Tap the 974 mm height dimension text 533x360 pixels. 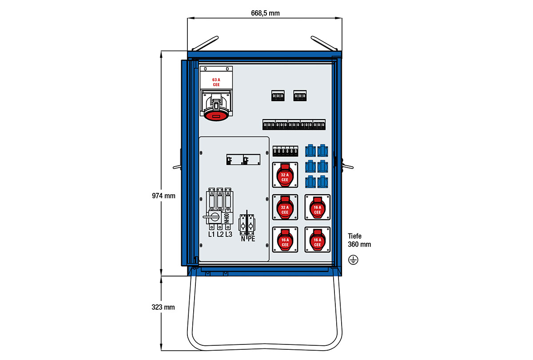163,196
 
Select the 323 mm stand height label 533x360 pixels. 163,307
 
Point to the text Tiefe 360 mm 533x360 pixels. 359,240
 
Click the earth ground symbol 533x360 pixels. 354,260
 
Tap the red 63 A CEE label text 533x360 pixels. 216,82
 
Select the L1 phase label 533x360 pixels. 211,234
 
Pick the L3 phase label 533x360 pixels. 229,234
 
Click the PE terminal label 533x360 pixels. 251,239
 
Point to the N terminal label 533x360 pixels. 243,239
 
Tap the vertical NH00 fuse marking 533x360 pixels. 226,218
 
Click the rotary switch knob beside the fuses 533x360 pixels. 214,217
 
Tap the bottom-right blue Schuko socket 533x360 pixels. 322,181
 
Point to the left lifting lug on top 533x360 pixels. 203,44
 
